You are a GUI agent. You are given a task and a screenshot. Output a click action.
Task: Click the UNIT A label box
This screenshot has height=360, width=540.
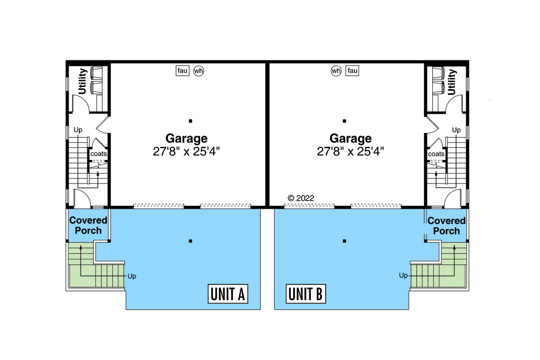coord(228,295)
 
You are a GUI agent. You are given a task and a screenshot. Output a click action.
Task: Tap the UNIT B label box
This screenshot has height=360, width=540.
coord(305,295)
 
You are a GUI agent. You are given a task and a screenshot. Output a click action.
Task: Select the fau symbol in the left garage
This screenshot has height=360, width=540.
coord(182,71)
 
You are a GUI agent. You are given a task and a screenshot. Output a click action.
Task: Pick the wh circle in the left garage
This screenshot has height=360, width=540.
coord(199,71)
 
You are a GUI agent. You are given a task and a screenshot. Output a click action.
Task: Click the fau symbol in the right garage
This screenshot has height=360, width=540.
coord(352,71)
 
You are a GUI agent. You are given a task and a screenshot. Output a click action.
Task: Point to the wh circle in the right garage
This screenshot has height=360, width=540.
coord(336,71)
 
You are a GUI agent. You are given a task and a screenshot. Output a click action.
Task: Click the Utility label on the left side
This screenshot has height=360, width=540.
coord(82,82)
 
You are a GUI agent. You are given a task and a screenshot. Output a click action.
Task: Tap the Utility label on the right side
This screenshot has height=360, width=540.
coord(452,82)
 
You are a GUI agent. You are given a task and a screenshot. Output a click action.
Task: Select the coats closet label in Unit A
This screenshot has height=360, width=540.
coord(99,154)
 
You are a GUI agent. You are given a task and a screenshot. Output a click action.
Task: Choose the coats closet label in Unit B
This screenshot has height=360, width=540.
coord(436,154)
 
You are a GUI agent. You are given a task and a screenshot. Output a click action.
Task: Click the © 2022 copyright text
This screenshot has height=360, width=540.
coord(301,197)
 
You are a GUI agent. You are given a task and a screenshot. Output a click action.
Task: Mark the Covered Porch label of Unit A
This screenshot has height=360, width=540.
coord(88,225)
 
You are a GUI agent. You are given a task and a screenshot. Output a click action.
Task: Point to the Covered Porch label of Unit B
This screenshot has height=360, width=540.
coord(446,225)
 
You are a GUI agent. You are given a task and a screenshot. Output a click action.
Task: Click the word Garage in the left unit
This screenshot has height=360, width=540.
coord(186,138)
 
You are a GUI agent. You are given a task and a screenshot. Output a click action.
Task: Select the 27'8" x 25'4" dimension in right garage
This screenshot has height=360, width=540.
coord(350,151)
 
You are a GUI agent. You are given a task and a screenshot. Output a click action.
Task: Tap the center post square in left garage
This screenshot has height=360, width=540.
coord(191,121)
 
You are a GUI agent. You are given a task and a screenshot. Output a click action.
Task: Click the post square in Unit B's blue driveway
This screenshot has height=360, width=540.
coord(344,241)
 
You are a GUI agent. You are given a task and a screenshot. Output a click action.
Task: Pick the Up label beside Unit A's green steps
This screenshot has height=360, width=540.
coord(132,276)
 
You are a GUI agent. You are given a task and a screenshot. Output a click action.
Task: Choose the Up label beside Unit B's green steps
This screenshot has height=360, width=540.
coord(403,275)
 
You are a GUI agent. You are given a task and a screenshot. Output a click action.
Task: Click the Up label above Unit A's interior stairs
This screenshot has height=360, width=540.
coord(78,130)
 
